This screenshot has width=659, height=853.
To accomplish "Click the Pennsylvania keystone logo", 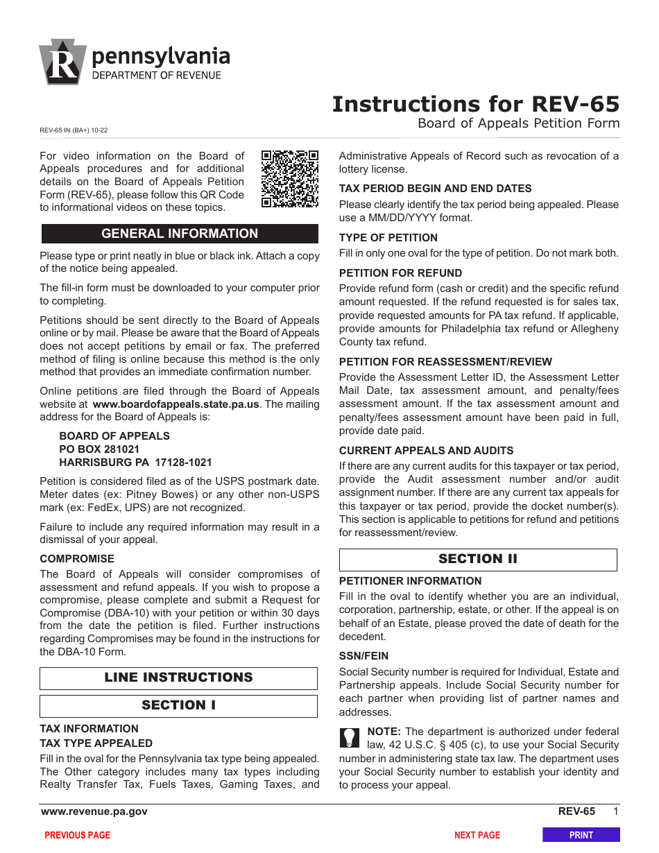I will coord(62,62).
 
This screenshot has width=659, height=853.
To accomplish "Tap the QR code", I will coord(289,179).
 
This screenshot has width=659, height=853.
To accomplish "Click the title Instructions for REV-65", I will coord(475,104).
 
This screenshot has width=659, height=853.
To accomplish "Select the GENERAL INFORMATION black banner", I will coord(180,234).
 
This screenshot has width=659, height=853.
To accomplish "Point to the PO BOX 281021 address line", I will coord(99,449).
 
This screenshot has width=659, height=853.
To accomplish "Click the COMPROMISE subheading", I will coord(77,559).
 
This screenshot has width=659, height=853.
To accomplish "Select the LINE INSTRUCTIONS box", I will coord(178,678).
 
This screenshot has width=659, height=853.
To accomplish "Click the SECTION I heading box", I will coord(178,705).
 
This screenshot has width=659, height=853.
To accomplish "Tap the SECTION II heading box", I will coord(478,559).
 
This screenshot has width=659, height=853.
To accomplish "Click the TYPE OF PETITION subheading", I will coord(388,238).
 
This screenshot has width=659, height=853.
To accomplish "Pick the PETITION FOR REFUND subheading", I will coord(400,273).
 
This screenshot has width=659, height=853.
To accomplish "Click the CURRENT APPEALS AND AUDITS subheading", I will coord(426,451).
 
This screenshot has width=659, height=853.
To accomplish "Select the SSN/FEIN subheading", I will coord(363,656).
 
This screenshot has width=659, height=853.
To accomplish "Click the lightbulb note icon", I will coord(350,737).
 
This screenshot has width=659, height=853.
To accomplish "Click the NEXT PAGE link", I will coord(477,835).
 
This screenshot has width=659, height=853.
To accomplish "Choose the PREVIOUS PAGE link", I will coord(78,835).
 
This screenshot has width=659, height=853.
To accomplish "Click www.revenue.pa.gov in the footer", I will coord(94,811).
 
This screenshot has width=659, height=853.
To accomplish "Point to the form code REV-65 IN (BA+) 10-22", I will coord(74,130).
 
